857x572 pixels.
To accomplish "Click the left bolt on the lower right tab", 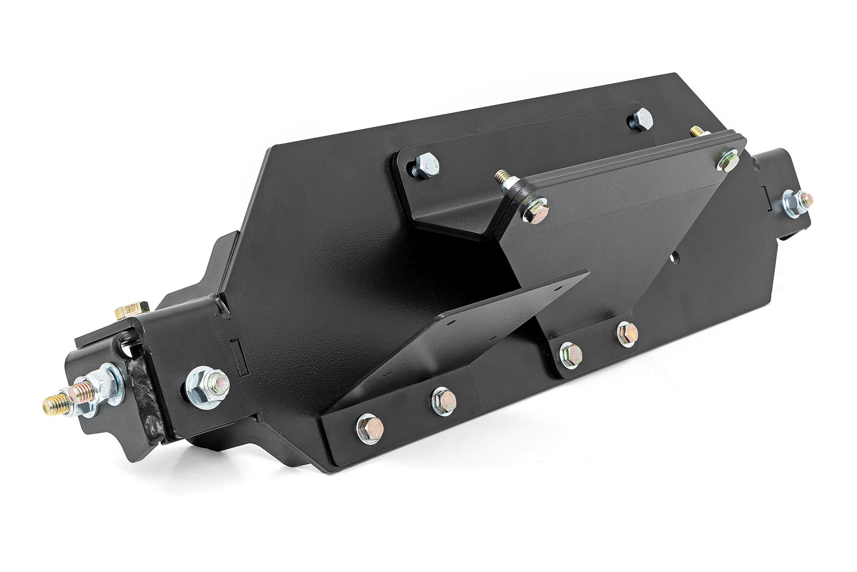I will (570, 354).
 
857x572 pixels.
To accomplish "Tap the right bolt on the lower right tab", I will (627, 334).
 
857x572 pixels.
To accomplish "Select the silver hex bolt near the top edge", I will (640, 119).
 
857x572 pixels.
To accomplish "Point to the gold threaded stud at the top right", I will (695, 131).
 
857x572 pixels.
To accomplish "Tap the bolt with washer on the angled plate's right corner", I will (727, 160).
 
